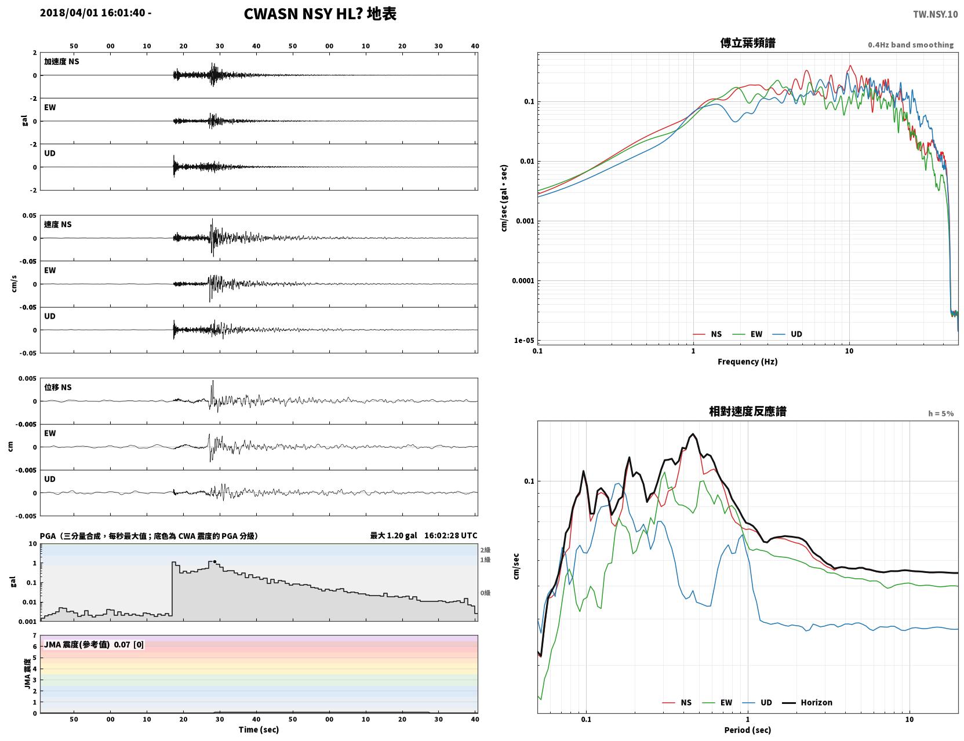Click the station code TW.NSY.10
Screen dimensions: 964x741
pyautogui.click(x=935, y=14)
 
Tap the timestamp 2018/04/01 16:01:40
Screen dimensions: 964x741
pyautogui.click(x=93, y=12)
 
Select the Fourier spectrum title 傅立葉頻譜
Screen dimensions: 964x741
pyautogui.click(x=748, y=43)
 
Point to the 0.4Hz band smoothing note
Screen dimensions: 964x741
pyautogui.click(x=911, y=45)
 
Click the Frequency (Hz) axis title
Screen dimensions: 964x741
pyautogui.click(x=748, y=362)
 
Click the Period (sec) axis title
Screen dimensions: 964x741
pyautogui.click(x=748, y=730)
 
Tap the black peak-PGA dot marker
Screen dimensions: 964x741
pyautogui.click(x=214, y=562)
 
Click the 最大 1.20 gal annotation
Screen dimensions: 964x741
pyautogui.click(x=394, y=535)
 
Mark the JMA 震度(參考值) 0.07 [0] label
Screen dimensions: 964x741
pyautogui.click(x=93, y=644)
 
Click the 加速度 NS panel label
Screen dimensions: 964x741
pyautogui.click(x=61, y=61)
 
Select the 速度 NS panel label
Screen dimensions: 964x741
pyautogui.click(x=57, y=224)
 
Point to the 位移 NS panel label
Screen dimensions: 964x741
pyautogui.click(x=57, y=387)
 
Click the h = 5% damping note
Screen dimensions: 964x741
pyautogui.click(x=941, y=414)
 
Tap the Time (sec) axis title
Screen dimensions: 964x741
pyautogui.click(x=259, y=729)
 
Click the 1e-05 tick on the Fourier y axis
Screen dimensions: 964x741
pyautogui.click(x=524, y=340)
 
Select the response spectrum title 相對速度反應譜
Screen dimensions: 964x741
pyautogui.click(x=748, y=411)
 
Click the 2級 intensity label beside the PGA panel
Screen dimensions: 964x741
pyautogui.click(x=485, y=550)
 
